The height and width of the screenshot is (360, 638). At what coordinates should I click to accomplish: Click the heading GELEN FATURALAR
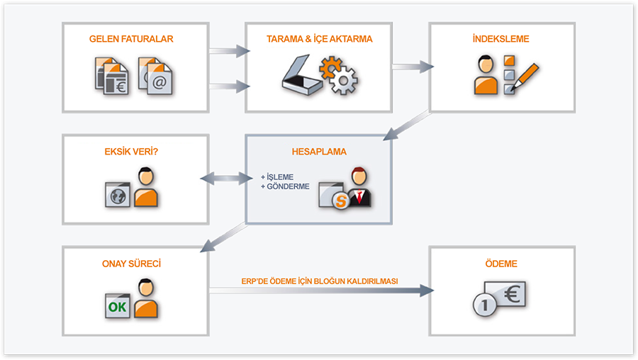pos(131,39)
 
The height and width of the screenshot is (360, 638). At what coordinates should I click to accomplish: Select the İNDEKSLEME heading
pos(500,39)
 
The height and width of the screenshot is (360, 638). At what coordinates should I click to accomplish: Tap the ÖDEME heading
pos(502,264)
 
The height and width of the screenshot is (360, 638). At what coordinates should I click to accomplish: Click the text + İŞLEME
pos(277,177)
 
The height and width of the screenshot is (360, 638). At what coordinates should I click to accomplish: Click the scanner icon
pos(301,78)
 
